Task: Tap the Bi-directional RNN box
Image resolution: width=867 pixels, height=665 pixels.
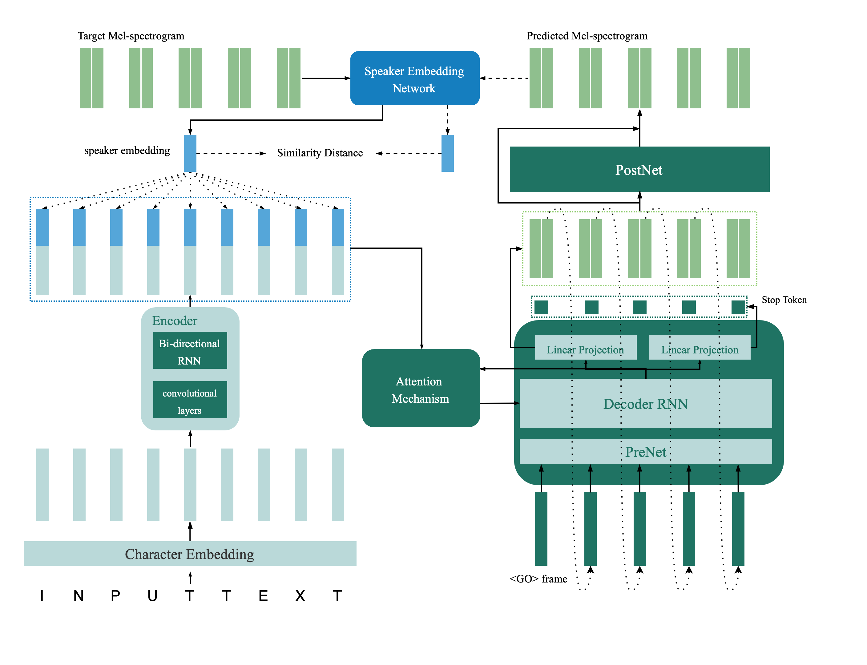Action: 190,350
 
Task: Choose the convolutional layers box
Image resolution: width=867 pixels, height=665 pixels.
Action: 190,400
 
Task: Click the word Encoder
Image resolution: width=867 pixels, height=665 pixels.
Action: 175,320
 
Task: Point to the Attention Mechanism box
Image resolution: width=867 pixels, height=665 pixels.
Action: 421,388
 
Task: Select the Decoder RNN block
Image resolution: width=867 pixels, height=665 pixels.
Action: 645,404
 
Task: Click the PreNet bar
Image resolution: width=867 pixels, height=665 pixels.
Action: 645,452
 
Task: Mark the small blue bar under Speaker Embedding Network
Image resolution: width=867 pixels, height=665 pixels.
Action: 447,153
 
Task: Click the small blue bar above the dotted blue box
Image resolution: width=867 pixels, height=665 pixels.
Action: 190,153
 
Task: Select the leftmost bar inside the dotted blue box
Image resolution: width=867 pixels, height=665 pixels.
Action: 42,252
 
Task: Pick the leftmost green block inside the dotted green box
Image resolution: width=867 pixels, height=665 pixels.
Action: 541,248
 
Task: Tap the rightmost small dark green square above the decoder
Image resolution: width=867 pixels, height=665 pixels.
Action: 738,307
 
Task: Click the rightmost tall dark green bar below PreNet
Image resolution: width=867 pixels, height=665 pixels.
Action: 738,529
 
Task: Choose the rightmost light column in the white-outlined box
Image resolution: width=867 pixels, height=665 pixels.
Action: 338,485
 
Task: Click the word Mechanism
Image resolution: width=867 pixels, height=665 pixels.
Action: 421,399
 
